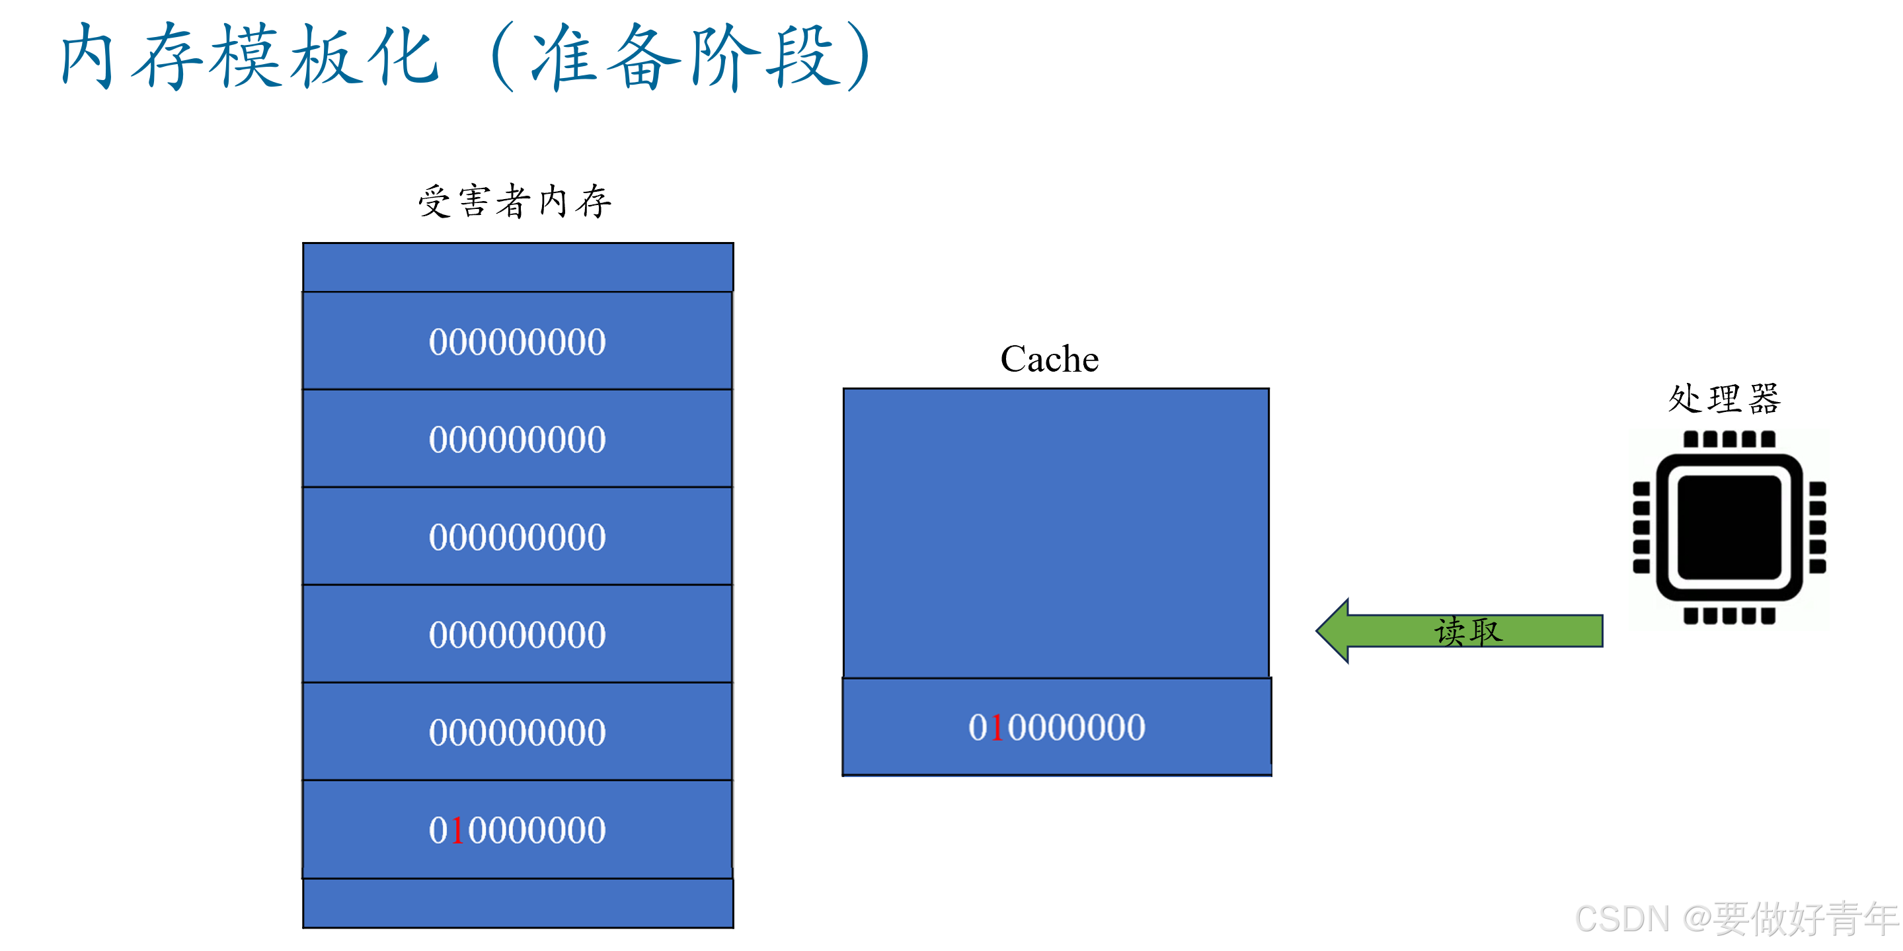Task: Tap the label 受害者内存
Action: coord(515,201)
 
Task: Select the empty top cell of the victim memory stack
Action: coord(518,267)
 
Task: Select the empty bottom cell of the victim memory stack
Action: coord(518,903)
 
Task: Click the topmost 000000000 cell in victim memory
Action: coord(518,341)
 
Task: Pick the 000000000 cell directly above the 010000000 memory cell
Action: coord(518,731)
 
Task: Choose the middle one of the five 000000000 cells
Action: coord(518,536)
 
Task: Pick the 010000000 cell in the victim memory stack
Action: coord(518,830)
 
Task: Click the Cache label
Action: coord(1049,359)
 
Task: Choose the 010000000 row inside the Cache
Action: coord(1056,727)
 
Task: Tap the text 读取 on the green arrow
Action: coord(1469,631)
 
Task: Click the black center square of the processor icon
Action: coord(1729,528)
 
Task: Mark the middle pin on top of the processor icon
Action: coord(1729,440)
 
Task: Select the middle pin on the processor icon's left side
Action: coord(1641,528)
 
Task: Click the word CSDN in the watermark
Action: coord(1622,919)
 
